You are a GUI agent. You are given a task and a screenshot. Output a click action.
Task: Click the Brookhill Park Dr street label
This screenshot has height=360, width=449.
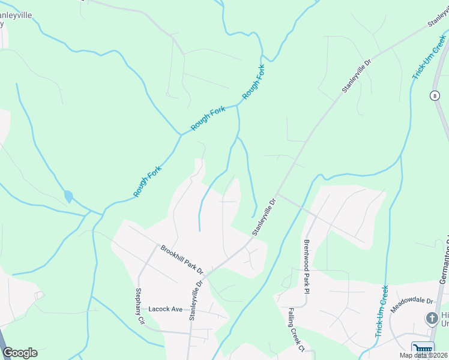(182, 259)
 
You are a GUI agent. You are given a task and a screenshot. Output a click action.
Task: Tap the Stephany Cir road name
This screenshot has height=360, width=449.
(140, 307)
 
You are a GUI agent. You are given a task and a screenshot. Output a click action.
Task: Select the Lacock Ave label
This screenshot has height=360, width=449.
(165, 309)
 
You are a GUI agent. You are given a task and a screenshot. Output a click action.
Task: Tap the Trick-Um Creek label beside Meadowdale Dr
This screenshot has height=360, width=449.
(382, 311)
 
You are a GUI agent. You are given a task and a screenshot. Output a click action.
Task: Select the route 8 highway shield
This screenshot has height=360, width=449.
(434, 95)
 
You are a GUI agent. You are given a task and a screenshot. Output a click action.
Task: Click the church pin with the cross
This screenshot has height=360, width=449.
(432, 318)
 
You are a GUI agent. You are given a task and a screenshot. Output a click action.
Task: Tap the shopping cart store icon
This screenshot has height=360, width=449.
(423, 350)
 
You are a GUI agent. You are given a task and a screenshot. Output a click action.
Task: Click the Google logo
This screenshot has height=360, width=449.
(20, 353)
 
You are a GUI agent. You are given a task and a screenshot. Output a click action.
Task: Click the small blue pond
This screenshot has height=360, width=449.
(68, 196)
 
